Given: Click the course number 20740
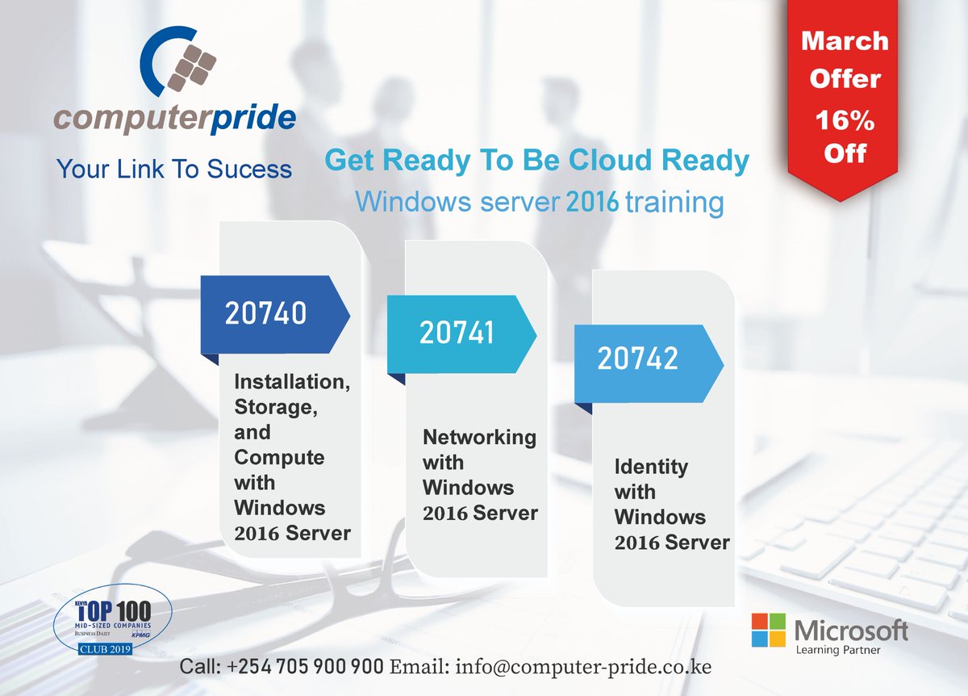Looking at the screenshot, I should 266,313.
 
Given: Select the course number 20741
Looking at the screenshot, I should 457,333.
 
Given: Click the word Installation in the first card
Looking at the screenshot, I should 292,381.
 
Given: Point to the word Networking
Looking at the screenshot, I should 479,437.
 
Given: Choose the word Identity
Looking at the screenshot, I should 651,467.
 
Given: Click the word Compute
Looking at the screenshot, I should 268,458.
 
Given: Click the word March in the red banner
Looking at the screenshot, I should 845,41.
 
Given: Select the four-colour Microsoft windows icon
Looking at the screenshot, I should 770,630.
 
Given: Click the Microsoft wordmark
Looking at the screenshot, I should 851,629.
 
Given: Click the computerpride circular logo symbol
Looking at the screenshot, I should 178,65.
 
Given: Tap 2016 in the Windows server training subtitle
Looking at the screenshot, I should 592,202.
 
